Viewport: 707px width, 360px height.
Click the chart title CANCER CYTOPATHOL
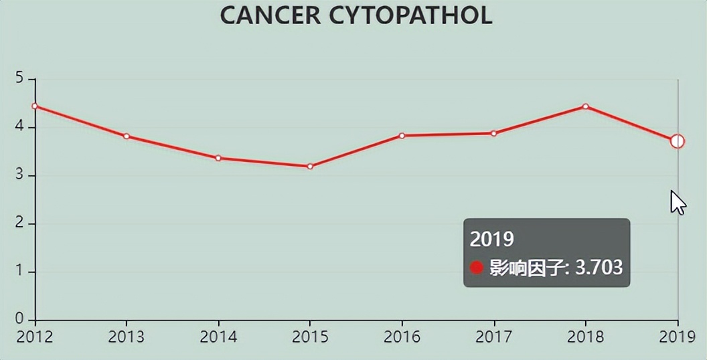pyautogui.click(x=356, y=15)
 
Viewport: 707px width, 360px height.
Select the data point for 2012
pyautogui.click(x=35, y=106)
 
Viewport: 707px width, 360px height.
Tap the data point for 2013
pyautogui.click(x=127, y=136)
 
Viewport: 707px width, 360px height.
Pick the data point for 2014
pyautogui.click(x=218, y=158)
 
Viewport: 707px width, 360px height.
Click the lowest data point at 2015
pyautogui.click(x=310, y=166)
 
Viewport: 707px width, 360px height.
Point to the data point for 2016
pyautogui.click(x=402, y=135)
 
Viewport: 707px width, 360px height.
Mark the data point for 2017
pyautogui.click(x=493, y=133)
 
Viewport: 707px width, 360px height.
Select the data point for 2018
pyautogui.click(x=585, y=106)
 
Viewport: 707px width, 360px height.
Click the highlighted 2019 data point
pyautogui.click(x=677, y=141)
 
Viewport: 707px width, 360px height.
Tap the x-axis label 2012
pyautogui.click(x=35, y=336)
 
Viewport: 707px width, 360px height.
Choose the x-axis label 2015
pyautogui.click(x=310, y=336)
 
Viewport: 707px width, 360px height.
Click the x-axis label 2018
pyautogui.click(x=585, y=336)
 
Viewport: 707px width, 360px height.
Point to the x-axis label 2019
pyautogui.click(x=677, y=336)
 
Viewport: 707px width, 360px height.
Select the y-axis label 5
pyautogui.click(x=19, y=79)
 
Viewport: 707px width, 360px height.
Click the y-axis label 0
pyautogui.click(x=19, y=319)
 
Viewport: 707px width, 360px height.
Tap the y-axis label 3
pyautogui.click(x=19, y=175)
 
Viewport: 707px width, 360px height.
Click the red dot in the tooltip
pyautogui.click(x=477, y=268)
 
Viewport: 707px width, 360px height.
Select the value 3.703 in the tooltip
pyautogui.click(x=599, y=268)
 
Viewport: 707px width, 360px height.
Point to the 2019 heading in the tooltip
pyautogui.click(x=491, y=239)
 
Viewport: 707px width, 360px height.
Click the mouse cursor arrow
pyautogui.click(x=677, y=201)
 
